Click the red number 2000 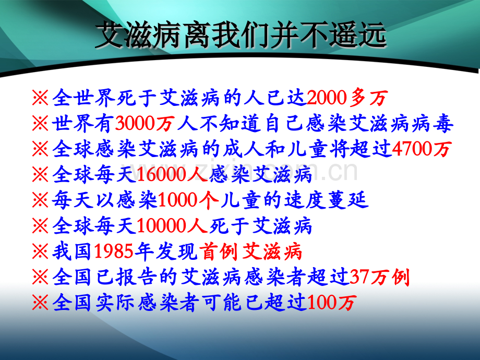[328, 98]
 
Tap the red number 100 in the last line [321, 303]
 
